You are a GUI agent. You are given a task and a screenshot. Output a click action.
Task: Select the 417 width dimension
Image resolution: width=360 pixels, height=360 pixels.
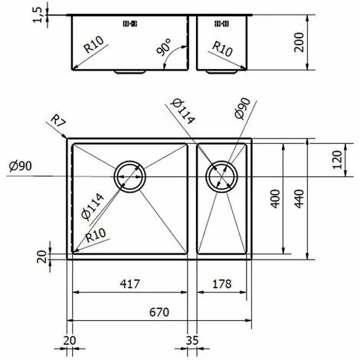point(131,284)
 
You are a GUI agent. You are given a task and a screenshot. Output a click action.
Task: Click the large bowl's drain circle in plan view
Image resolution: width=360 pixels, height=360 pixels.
point(129,176)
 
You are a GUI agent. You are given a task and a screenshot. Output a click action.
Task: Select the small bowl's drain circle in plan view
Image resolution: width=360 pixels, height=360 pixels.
point(223,176)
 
